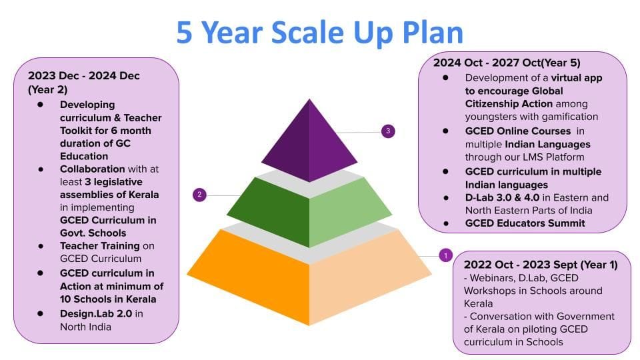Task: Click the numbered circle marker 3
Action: pyautogui.click(x=388, y=131)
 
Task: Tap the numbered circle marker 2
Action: pyautogui.click(x=199, y=195)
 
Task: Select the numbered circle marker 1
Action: pyautogui.click(x=446, y=255)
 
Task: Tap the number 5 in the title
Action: pyautogui.click(x=184, y=33)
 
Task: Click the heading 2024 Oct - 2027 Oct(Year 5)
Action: pyautogui.click(x=507, y=63)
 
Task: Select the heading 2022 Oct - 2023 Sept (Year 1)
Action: pyautogui.click(x=541, y=265)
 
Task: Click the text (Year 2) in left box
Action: pyautogui.click(x=48, y=89)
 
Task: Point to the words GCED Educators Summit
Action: pyautogui.click(x=525, y=223)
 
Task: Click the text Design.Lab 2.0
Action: pyautogui.click(x=96, y=313)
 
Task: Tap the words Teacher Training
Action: pyautogui.click(x=99, y=246)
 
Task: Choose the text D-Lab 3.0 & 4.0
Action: pyautogui.click(x=502, y=197)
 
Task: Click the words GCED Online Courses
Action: pyautogui.click(x=518, y=131)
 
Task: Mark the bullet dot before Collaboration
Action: pyautogui.click(x=41, y=169)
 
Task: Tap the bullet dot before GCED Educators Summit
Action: pyautogui.click(x=446, y=223)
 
